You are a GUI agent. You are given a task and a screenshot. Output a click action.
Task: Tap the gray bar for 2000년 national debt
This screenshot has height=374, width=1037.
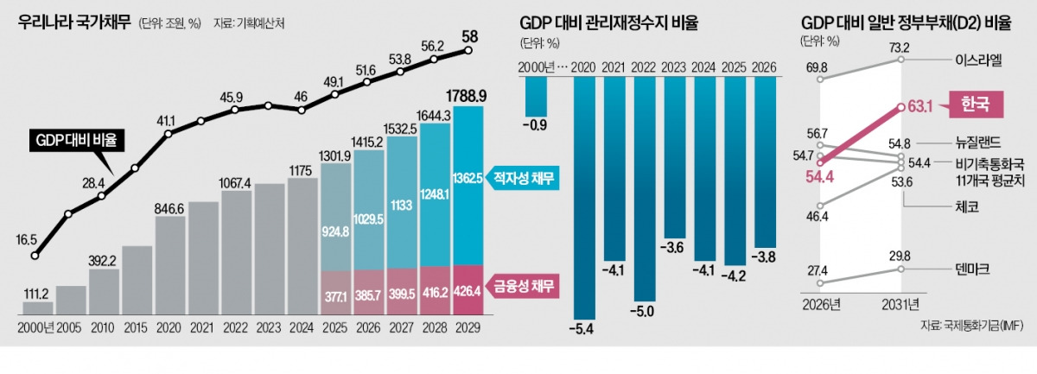point(37,307)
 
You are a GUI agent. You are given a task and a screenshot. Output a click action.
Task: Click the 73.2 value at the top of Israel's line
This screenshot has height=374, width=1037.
point(900,48)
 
